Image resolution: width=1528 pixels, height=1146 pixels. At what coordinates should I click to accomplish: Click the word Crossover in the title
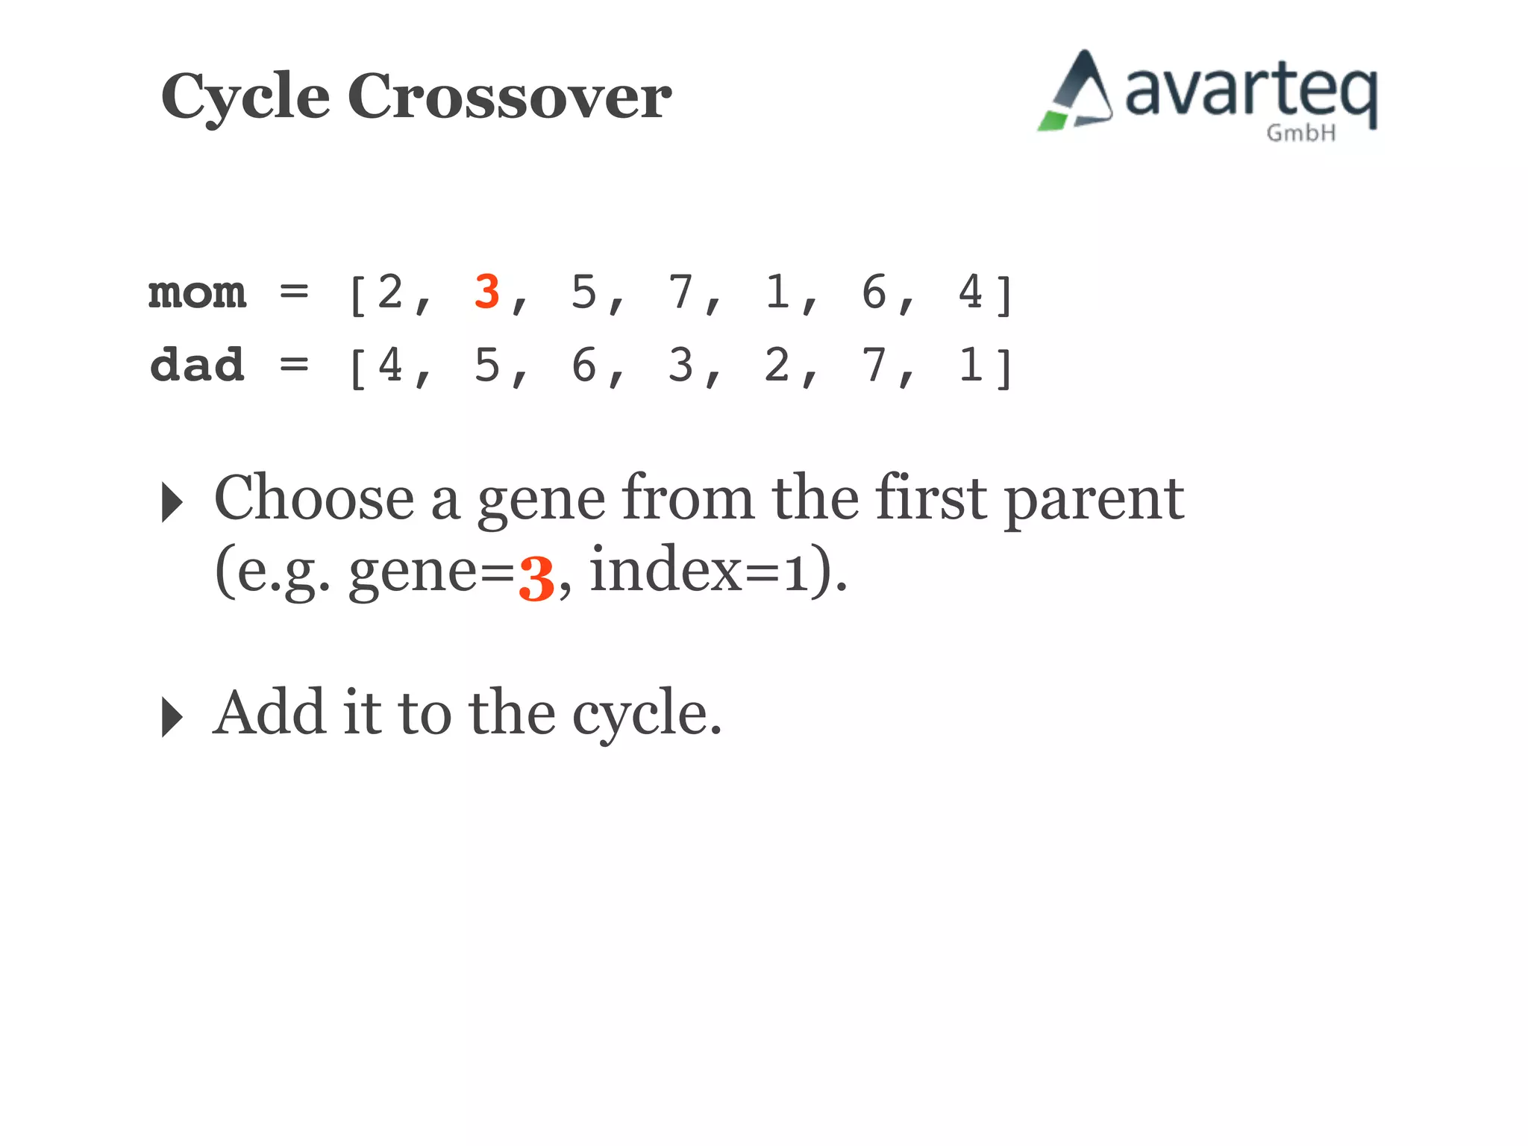pyautogui.click(x=510, y=97)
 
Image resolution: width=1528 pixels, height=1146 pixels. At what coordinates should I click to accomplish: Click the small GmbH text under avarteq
pyautogui.click(x=1300, y=134)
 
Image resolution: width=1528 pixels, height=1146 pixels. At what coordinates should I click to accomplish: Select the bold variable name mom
pyautogui.click(x=197, y=293)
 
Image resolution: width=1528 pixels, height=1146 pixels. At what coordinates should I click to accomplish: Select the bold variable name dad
pyautogui.click(x=197, y=366)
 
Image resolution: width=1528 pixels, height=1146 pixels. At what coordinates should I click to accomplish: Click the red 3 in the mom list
pyautogui.click(x=486, y=292)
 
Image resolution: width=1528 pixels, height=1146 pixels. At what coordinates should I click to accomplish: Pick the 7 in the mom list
pyautogui.click(x=680, y=292)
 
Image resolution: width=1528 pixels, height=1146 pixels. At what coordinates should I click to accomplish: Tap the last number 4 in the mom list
pyautogui.click(x=971, y=292)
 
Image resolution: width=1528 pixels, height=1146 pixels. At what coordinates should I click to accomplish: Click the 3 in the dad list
pyautogui.click(x=680, y=366)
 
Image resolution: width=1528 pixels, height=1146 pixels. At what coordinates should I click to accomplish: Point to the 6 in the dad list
pyautogui.click(x=583, y=366)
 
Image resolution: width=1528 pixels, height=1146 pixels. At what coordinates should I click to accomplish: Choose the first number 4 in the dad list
pyautogui.click(x=390, y=366)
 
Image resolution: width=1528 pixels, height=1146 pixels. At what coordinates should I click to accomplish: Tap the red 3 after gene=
pyautogui.click(x=536, y=579)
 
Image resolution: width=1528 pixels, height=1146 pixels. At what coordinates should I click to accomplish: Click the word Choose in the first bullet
pyautogui.click(x=313, y=498)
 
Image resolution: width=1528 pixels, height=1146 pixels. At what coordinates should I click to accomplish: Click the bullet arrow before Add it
pyautogui.click(x=172, y=717)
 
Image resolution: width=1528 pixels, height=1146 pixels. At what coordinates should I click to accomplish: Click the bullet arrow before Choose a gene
pyautogui.click(x=172, y=502)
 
